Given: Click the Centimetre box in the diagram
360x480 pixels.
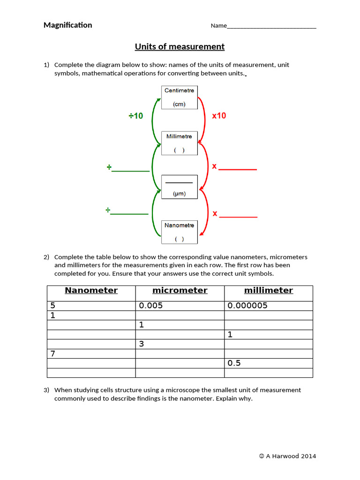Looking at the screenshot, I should coord(180,97).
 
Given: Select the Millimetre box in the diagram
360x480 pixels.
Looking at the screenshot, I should coord(180,143).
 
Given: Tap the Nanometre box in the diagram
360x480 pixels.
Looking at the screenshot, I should coord(180,232).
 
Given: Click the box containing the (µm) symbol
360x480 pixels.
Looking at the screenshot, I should coord(180,187).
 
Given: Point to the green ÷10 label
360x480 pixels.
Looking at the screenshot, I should coord(136,116).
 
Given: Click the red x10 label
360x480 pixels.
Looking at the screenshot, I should coord(219,115).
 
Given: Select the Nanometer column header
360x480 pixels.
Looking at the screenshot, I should coord(91,291).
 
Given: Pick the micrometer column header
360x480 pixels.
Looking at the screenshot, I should coord(180,291).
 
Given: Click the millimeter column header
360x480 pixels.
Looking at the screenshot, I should coord(269,291).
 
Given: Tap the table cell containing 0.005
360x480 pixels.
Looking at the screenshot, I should coord(180,306).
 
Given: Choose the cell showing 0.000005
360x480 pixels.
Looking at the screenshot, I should coord(269,306).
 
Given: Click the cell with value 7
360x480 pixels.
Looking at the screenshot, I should coord(91,353).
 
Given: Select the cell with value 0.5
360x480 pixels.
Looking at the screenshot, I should coord(269,363).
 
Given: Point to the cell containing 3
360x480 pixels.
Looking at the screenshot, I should coord(180,344).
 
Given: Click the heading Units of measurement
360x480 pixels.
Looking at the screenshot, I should coord(180,47).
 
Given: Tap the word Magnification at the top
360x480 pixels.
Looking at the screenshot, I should coord(67,25).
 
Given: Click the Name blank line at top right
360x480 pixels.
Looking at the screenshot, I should coord(271,26).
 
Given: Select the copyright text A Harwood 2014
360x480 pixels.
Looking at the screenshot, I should coord(288,456).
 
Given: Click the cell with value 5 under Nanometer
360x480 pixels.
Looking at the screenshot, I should coord(91,306).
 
